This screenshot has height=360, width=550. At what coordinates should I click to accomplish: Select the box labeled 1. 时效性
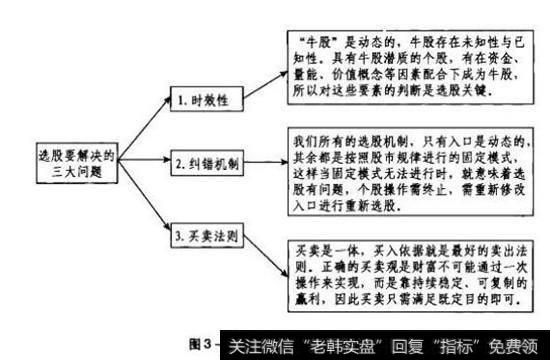[206, 101]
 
